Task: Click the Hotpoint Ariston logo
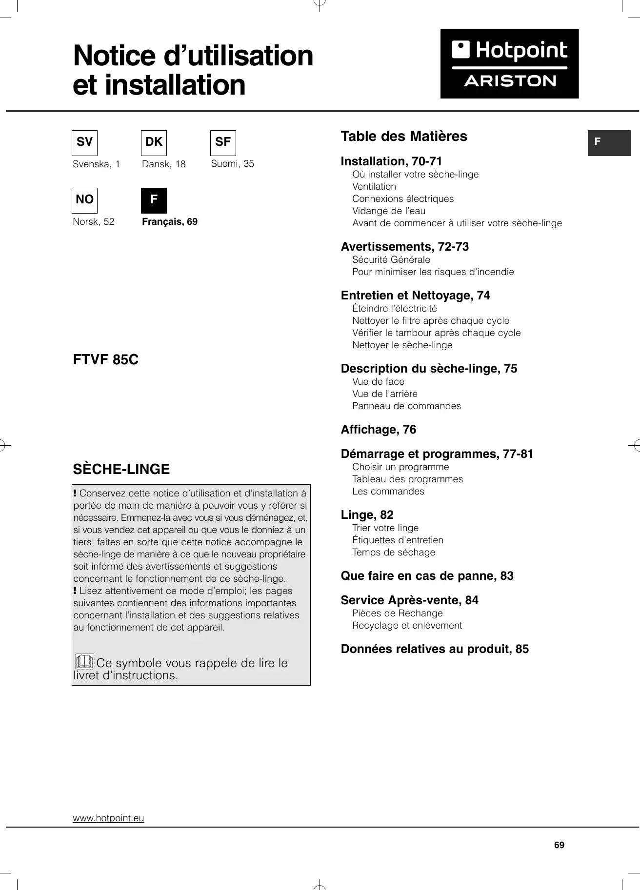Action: tap(509, 64)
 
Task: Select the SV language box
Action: tap(84, 142)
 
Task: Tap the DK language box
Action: tap(154, 142)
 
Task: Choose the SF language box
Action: tap(223, 142)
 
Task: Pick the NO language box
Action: tap(84, 200)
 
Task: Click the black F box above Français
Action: tap(154, 200)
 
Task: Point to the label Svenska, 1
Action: tap(96, 164)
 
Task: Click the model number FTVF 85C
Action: tap(105, 360)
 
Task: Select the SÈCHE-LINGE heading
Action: tap(121, 469)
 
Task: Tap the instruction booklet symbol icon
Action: tap(84, 662)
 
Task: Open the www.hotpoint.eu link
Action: tap(108, 818)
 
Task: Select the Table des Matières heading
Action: tap(403, 137)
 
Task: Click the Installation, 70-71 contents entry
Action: tap(391, 161)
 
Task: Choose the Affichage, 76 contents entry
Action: tap(378, 430)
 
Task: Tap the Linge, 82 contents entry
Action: tap(367, 515)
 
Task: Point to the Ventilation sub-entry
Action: tap(374, 187)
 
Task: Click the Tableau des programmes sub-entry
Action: tap(407, 479)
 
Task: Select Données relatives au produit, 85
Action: tap(435, 649)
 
